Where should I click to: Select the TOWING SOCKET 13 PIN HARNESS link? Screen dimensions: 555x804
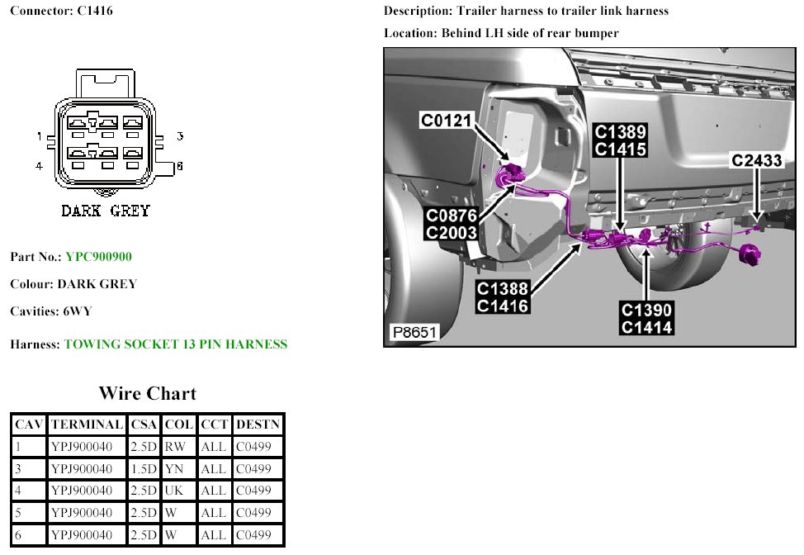click(x=175, y=344)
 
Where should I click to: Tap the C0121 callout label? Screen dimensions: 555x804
click(x=446, y=121)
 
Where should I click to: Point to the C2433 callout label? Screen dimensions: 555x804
click(x=756, y=161)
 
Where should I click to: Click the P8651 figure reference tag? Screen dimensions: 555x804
click(x=414, y=333)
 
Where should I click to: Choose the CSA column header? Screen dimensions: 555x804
click(x=144, y=425)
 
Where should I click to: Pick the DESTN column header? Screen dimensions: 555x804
click(x=258, y=425)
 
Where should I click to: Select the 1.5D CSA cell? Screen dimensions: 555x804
click(x=144, y=469)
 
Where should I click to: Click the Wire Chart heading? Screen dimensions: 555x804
click(x=148, y=393)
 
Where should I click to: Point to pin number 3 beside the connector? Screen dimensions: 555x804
click(x=179, y=136)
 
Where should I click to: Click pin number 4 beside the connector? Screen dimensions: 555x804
click(x=39, y=166)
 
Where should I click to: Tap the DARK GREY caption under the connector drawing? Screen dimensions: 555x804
click(x=106, y=211)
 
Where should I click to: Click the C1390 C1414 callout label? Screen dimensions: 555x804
click(x=647, y=319)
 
